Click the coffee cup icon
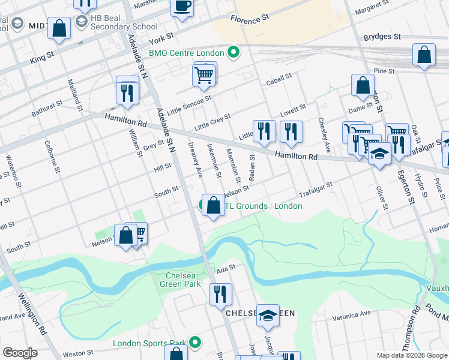182,7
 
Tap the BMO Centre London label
186,53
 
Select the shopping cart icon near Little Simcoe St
203,75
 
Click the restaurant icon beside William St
127,92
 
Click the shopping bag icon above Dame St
363,86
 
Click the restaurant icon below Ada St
220,293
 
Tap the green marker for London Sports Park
194,343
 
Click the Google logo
20,353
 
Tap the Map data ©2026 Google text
411,355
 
